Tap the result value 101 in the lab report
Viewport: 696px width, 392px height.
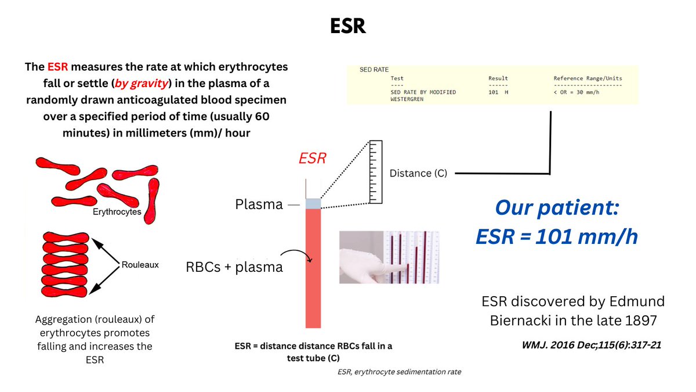(x=494, y=92)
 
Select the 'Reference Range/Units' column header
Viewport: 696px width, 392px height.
(x=589, y=78)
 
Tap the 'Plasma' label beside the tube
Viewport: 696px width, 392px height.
(x=259, y=204)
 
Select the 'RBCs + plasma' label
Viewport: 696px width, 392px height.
(x=234, y=267)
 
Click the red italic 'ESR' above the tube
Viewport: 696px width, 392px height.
(x=313, y=159)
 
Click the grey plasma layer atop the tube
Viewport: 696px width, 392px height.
(x=313, y=203)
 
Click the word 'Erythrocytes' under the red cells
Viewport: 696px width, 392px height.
(x=117, y=212)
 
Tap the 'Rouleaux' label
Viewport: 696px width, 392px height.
(x=140, y=264)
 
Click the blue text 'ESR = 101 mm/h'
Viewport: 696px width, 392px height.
(x=557, y=237)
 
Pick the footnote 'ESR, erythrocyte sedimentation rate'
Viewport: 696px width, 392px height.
(x=400, y=372)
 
